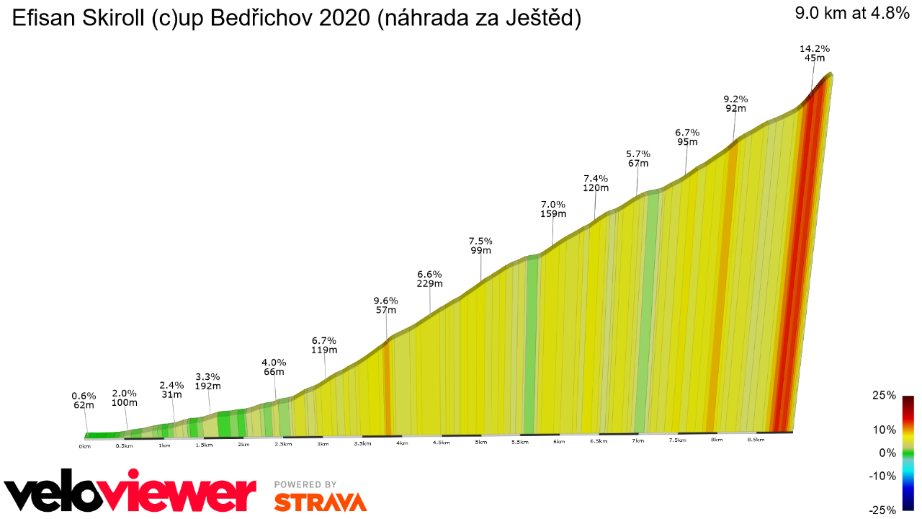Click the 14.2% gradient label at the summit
(815, 49)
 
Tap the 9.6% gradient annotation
(385, 301)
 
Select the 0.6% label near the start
(84, 396)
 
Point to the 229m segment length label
(429, 284)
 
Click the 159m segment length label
(553, 214)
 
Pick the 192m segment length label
(207, 386)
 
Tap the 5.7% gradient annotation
(638, 154)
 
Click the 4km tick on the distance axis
(401, 443)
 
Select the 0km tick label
(85, 447)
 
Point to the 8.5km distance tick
(756, 439)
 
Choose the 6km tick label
(558, 441)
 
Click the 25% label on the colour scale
(885, 396)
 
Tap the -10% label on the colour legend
(883, 476)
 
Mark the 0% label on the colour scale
(887, 453)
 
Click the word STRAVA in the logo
(320, 502)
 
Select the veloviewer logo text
(130, 494)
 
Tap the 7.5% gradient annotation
(480, 241)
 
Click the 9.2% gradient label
(735, 99)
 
